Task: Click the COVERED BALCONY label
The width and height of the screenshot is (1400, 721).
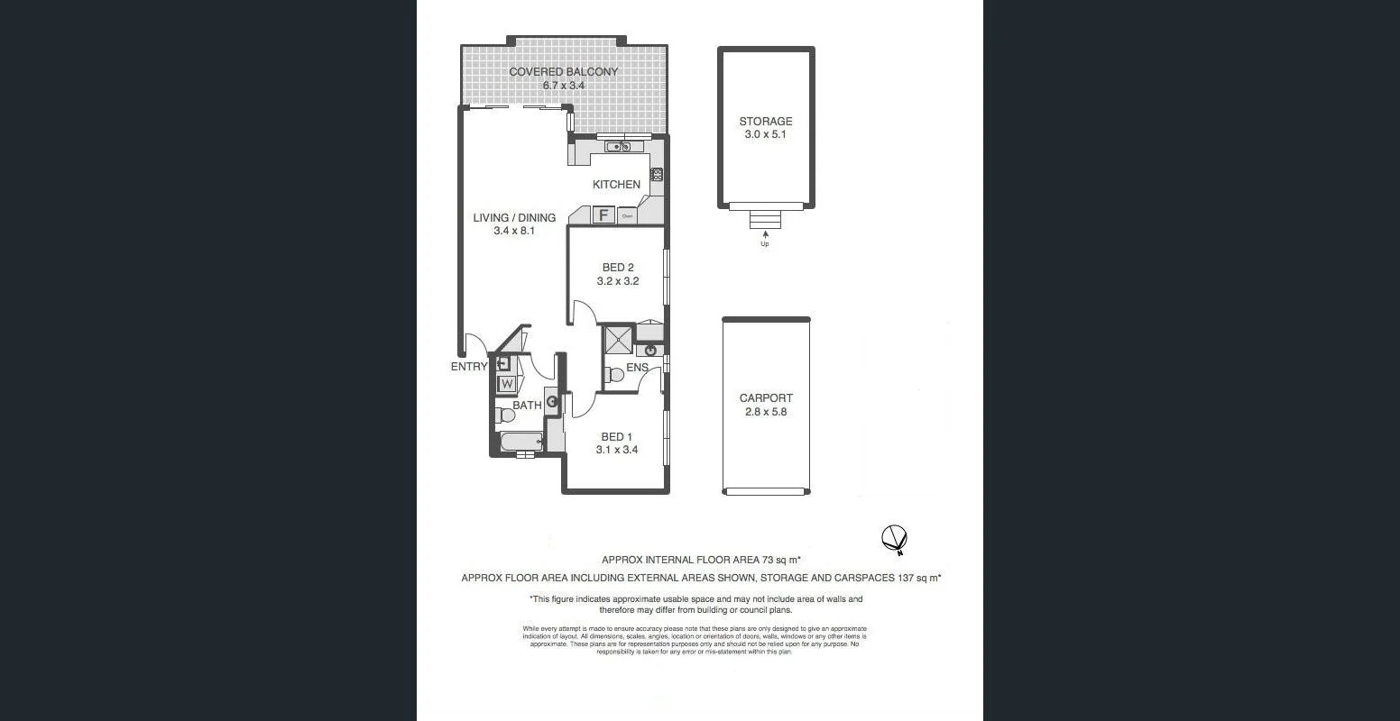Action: (x=563, y=72)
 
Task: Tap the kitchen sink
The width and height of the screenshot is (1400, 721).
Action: (x=619, y=147)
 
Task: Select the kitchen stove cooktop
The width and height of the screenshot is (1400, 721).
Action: (x=657, y=175)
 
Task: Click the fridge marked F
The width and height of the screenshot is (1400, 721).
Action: (x=603, y=215)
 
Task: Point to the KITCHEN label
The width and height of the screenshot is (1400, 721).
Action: (x=616, y=185)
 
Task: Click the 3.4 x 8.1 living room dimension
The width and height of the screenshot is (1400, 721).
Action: (x=514, y=232)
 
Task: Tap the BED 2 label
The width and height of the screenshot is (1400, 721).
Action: (x=618, y=268)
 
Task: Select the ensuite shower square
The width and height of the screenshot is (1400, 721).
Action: (x=618, y=340)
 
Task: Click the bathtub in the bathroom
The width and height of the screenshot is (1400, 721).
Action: (x=520, y=443)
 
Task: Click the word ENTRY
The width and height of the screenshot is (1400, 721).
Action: (x=468, y=367)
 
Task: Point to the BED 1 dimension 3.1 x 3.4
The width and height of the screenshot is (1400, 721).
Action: (x=617, y=450)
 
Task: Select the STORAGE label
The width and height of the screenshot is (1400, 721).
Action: (x=765, y=122)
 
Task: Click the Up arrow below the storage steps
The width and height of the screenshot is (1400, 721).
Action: (x=765, y=235)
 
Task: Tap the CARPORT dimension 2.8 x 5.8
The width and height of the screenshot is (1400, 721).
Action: (x=765, y=412)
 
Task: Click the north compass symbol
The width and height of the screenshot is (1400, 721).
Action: (x=893, y=539)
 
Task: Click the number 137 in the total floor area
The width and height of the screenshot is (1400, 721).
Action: (x=908, y=578)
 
